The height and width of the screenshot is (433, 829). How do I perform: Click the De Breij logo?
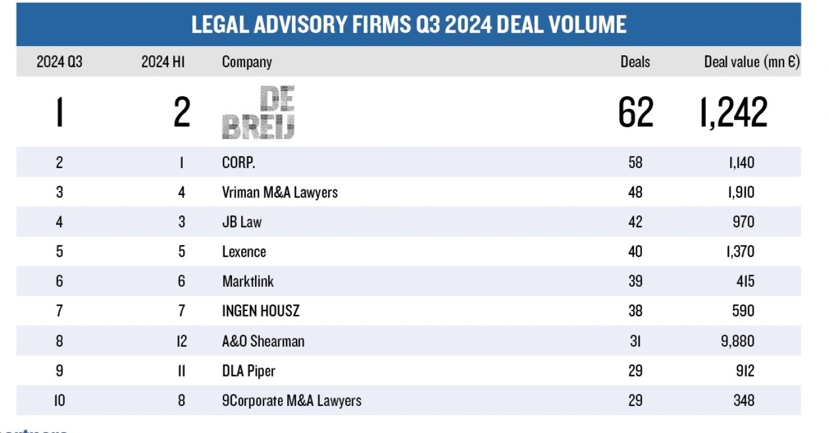click(x=258, y=112)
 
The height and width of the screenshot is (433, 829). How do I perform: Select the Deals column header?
click(x=635, y=62)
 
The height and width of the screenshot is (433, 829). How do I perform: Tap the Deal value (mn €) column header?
click(x=752, y=62)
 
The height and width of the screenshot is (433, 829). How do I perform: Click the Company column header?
click(x=246, y=62)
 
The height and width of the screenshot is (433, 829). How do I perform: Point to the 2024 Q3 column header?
click(x=59, y=62)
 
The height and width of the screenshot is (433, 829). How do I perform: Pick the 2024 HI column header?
click(x=163, y=62)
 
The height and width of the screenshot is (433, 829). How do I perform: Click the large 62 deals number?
click(x=636, y=112)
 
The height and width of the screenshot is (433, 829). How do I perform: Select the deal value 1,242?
click(x=733, y=112)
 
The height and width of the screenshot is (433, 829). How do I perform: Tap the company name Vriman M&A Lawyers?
click(x=280, y=192)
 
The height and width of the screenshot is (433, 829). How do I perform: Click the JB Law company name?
click(x=242, y=222)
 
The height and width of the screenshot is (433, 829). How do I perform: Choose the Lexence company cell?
click(x=244, y=252)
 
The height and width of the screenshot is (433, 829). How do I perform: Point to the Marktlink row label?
click(x=248, y=282)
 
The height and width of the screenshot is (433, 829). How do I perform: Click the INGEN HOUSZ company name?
click(x=261, y=312)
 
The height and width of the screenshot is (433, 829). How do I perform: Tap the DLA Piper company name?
click(x=249, y=371)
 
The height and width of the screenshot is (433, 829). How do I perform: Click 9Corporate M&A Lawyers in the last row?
click(x=291, y=401)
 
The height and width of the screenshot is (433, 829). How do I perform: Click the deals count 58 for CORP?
click(x=635, y=162)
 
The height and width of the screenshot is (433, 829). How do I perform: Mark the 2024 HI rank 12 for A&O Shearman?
click(x=181, y=341)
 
